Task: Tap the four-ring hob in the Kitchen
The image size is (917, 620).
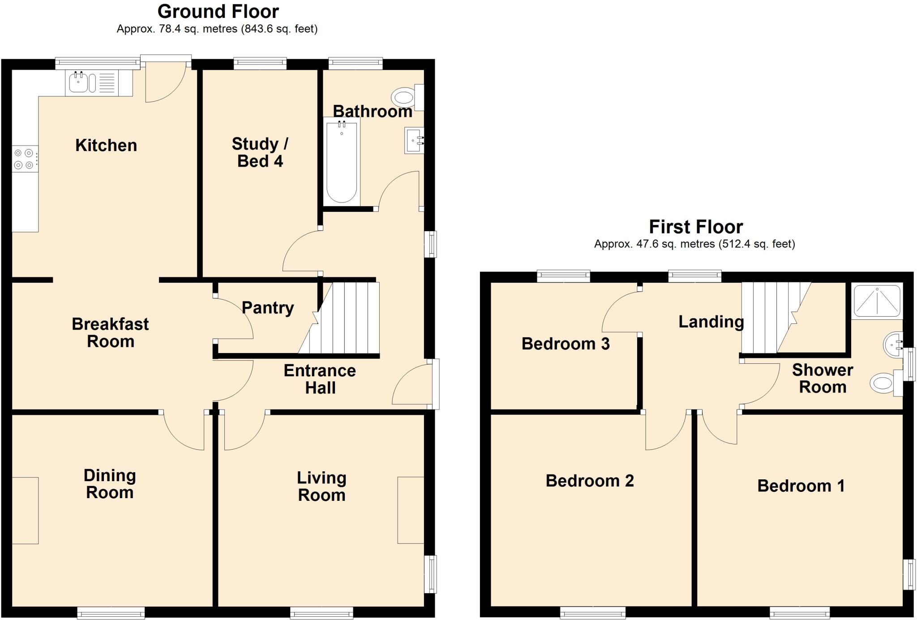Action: coord(24,159)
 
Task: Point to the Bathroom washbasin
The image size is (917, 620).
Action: coord(414,141)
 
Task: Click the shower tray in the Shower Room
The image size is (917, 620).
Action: coord(877,301)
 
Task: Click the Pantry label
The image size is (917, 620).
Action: coord(268,308)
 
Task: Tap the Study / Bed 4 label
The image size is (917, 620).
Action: coord(260,152)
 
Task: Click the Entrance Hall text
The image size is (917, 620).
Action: coord(320,379)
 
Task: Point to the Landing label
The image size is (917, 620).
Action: coord(711,322)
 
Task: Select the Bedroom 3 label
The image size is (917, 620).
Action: coord(566,344)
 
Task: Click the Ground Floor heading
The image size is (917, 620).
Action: coord(218,12)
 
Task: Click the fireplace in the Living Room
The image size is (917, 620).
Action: coord(411,510)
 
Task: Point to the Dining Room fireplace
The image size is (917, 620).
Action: coord(25,511)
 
